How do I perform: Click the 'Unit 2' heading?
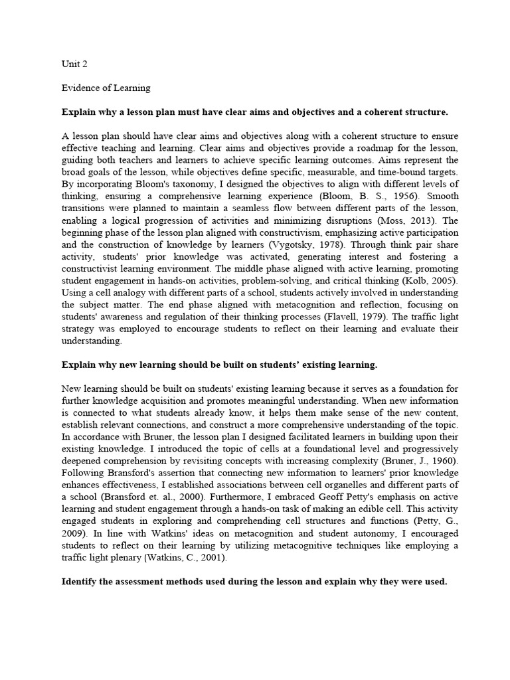(x=74, y=64)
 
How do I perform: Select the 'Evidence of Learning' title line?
(x=106, y=88)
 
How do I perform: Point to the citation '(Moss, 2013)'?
(x=404, y=220)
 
